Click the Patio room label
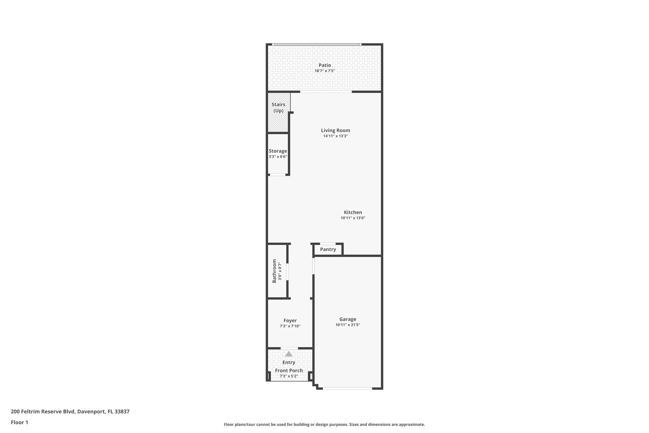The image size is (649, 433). pyautogui.click(x=324, y=65)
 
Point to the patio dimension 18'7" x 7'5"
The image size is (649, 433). pyautogui.click(x=324, y=71)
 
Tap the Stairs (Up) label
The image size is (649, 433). pyautogui.click(x=278, y=108)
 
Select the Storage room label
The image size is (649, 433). pyautogui.click(x=278, y=151)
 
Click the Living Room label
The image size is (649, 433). pyautogui.click(x=335, y=130)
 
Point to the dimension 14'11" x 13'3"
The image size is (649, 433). pyautogui.click(x=335, y=136)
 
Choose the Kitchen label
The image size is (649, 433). pyautogui.click(x=353, y=213)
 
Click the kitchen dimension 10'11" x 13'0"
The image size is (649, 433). pyautogui.click(x=353, y=218)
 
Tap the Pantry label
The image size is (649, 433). pyautogui.click(x=328, y=250)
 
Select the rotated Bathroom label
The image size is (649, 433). pyautogui.click(x=274, y=271)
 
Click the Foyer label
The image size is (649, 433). pyautogui.click(x=290, y=321)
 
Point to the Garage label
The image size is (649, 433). pyautogui.click(x=348, y=319)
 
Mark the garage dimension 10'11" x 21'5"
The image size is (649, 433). pyautogui.click(x=348, y=325)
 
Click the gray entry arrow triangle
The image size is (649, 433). pyautogui.click(x=289, y=354)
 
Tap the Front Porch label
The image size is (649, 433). pyautogui.click(x=289, y=371)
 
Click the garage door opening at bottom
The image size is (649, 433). pyautogui.click(x=347, y=388)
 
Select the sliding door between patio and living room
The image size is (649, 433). pyautogui.click(x=326, y=92)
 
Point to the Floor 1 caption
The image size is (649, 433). pyautogui.click(x=19, y=422)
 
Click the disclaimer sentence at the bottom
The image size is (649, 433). pyautogui.click(x=324, y=424)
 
